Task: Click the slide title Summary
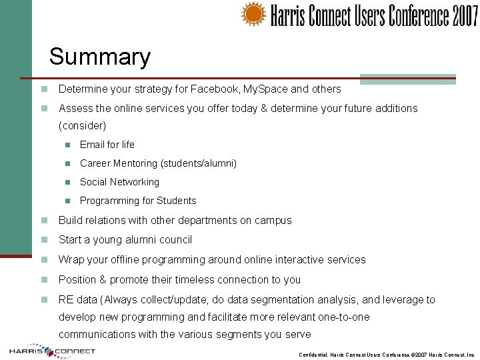click(100, 57)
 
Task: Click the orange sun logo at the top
click(253, 14)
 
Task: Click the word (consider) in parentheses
click(83, 125)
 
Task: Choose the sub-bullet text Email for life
click(107, 145)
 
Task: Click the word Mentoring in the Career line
click(133, 163)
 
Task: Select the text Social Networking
click(119, 182)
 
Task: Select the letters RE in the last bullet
click(66, 300)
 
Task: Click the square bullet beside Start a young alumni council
click(44, 240)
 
